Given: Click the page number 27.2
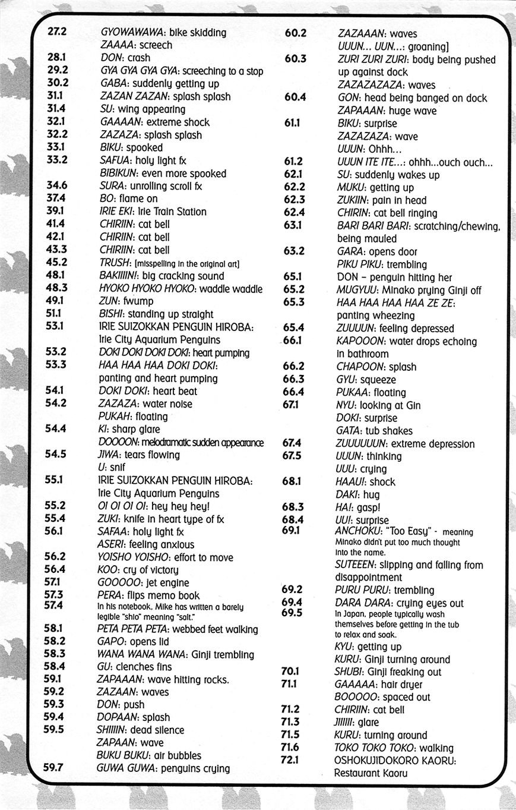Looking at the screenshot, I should pyautogui.click(x=57, y=32).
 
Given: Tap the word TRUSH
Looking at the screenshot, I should pyautogui.click(x=115, y=263).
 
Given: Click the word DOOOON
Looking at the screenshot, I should pyautogui.click(x=118, y=442).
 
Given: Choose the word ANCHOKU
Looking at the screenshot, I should pyautogui.click(x=355, y=531).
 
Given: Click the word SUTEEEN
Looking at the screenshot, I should pyautogui.click(x=354, y=565).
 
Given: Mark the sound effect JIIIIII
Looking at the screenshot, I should pyautogui.click(x=346, y=722).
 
